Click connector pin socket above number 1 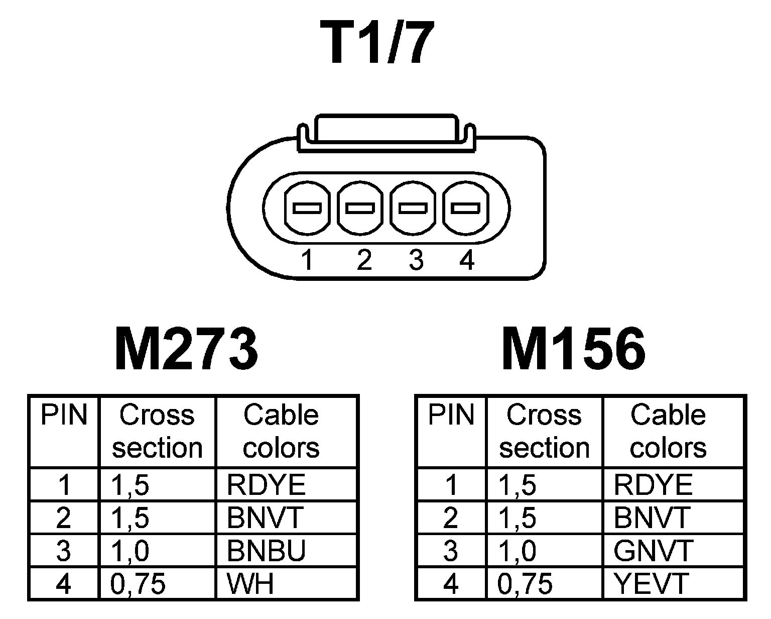[x=307, y=208]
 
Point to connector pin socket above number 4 [x=465, y=208]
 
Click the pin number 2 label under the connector [x=364, y=261]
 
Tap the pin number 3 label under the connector [x=416, y=261]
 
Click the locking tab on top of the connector [x=385, y=132]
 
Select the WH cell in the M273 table [x=250, y=583]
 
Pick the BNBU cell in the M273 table [x=266, y=551]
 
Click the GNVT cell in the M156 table [x=653, y=551]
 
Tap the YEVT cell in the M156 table [x=651, y=583]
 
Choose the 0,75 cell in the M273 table [x=138, y=583]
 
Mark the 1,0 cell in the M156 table [x=518, y=551]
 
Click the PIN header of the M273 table [x=64, y=416]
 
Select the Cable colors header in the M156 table [x=668, y=431]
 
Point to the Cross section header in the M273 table [x=157, y=431]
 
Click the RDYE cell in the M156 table [x=653, y=485]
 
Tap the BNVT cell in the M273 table [x=265, y=518]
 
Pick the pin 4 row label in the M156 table [x=451, y=583]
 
